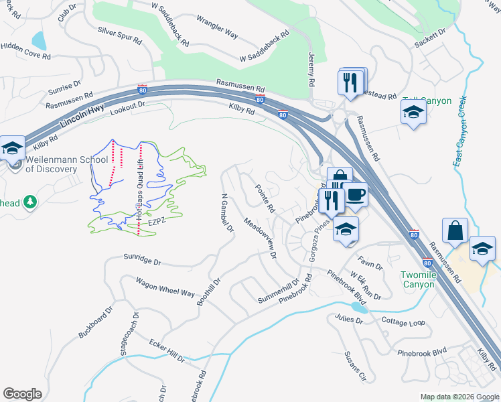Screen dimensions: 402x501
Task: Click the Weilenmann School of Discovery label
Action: (x=66, y=164)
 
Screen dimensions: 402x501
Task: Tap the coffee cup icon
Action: (x=356, y=195)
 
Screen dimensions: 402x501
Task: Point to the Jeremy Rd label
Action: (x=311, y=70)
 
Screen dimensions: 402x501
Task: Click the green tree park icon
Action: (x=29, y=202)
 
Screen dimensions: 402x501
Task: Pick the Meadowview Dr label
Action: (x=260, y=238)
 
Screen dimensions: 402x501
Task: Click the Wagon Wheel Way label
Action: (x=165, y=288)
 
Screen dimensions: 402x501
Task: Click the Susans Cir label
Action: (x=354, y=365)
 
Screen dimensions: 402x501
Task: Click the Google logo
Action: (x=22, y=393)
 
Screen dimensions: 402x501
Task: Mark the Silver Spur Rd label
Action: (x=120, y=36)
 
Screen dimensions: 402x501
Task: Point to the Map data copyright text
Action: (x=459, y=397)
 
